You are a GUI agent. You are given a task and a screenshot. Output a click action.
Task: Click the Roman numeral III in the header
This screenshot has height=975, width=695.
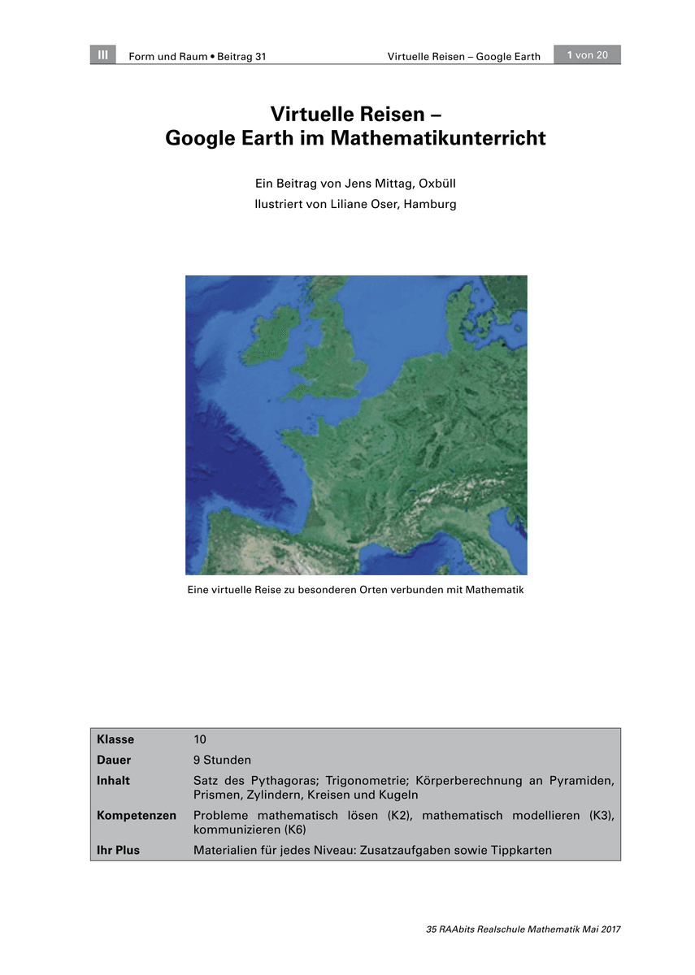click(x=102, y=55)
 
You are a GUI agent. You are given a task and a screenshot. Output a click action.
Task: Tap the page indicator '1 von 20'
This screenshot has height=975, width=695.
click(x=588, y=55)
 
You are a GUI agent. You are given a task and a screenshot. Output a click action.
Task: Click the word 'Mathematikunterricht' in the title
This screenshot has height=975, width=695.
click(x=438, y=138)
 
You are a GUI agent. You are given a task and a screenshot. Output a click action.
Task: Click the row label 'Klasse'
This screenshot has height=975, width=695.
click(x=115, y=739)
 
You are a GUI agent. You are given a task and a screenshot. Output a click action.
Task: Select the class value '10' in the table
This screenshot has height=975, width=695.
click(x=200, y=739)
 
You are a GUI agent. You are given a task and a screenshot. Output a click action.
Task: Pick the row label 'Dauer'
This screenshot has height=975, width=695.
click(x=114, y=760)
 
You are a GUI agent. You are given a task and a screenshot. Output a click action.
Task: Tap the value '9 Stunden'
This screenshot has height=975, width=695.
click(x=222, y=760)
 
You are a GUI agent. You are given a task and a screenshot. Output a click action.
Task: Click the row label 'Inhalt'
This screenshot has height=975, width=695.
click(x=113, y=781)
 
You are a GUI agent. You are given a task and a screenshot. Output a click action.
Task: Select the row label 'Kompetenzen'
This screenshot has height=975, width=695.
click(x=137, y=816)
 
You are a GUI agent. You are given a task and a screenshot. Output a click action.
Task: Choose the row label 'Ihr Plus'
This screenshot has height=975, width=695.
click(x=118, y=851)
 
